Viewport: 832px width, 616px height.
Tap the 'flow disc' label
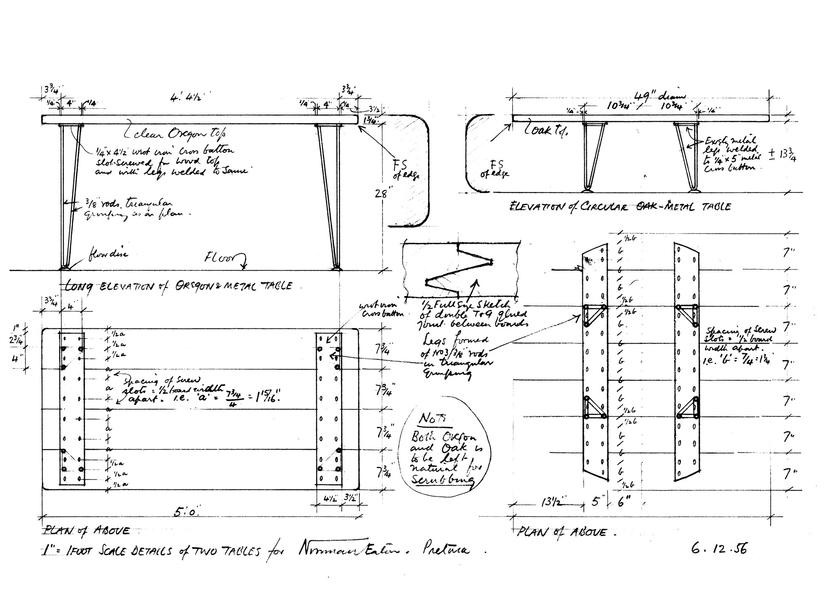109,254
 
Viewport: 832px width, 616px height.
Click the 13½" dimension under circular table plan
550,503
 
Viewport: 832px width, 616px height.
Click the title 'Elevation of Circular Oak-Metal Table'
619,207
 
